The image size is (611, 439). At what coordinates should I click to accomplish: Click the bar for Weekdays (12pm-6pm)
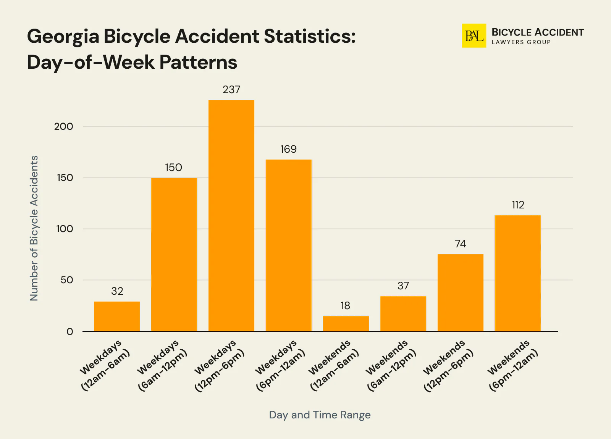[x=231, y=216]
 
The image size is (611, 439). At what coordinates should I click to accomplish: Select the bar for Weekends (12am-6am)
[x=346, y=323]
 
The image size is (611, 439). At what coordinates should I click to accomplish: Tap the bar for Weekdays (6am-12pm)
[x=174, y=254]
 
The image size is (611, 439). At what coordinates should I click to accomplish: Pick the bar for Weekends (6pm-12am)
[x=517, y=273]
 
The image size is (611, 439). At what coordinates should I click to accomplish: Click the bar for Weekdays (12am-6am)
[x=116, y=316]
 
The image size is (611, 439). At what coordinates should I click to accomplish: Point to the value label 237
[x=231, y=90]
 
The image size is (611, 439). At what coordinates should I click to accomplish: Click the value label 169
[x=288, y=149]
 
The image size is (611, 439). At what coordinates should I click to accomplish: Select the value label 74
[x=460, y=244]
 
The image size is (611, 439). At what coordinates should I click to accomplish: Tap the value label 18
[x=345, y=306]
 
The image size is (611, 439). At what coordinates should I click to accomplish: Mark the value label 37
[x=403, y=286]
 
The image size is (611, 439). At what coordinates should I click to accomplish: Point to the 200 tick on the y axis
[x=63, y=127]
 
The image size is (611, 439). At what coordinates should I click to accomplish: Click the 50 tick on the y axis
[x=66, y=280]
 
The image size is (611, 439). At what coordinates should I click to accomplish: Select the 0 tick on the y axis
[x=70, y=332]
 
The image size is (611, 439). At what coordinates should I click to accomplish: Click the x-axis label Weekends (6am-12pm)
[x=390, y=365]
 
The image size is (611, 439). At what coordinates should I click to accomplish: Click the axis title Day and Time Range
[x=320, y=415]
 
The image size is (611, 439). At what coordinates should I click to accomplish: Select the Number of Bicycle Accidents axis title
[x=34, y=228]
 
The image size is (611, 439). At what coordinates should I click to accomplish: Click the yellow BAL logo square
[x=474, y=36]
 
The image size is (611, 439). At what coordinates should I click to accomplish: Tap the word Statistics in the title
[x=310, y=37]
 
